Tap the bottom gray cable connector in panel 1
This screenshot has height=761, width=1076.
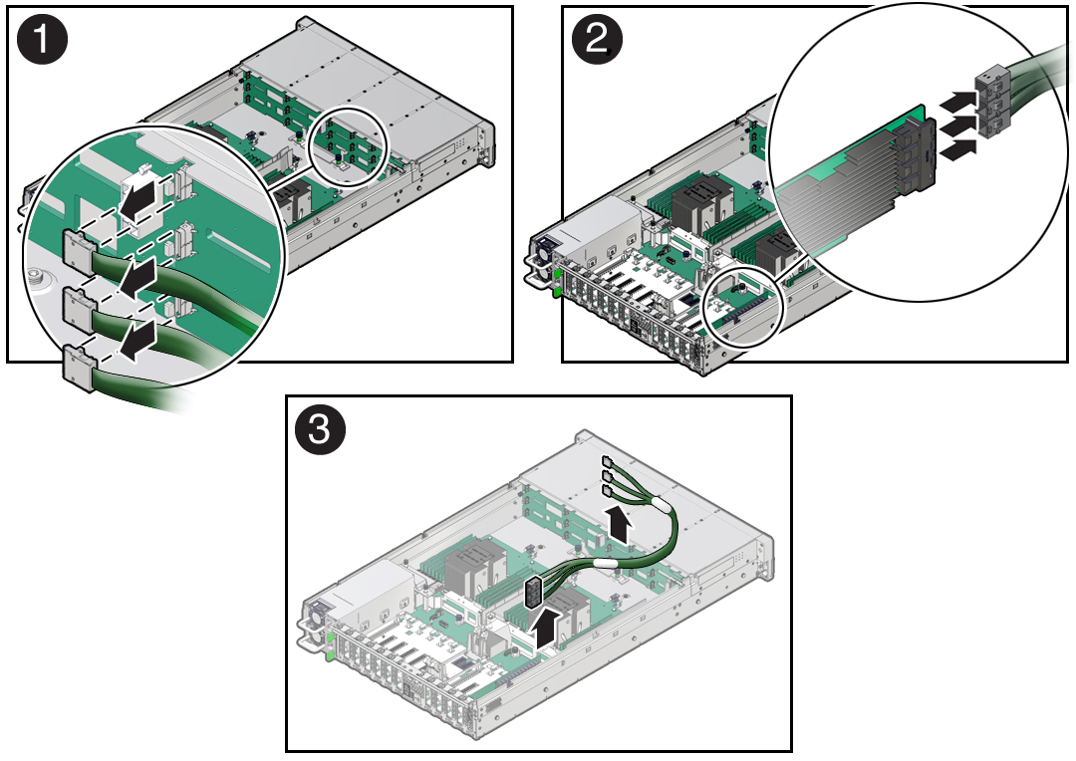click(x=78, y=364)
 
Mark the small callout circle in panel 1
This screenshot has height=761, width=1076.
click(x=347, y=146)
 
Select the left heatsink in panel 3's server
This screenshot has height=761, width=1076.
click(x=463, y=575)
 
